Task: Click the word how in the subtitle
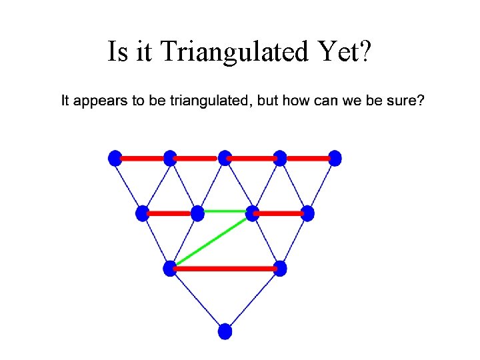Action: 295,102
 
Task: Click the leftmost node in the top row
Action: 115,158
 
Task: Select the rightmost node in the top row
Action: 335,158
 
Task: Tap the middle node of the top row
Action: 225,158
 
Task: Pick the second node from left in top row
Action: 170,158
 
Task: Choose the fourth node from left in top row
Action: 280,158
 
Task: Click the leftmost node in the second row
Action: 143,213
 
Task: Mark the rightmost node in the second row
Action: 307,213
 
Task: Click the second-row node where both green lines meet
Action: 252,213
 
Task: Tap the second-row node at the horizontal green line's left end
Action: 197,213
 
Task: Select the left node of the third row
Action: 170,269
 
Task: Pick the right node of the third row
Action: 280,269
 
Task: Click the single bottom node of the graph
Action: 225,331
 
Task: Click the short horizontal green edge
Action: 225,211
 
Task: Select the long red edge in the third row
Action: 225,269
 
